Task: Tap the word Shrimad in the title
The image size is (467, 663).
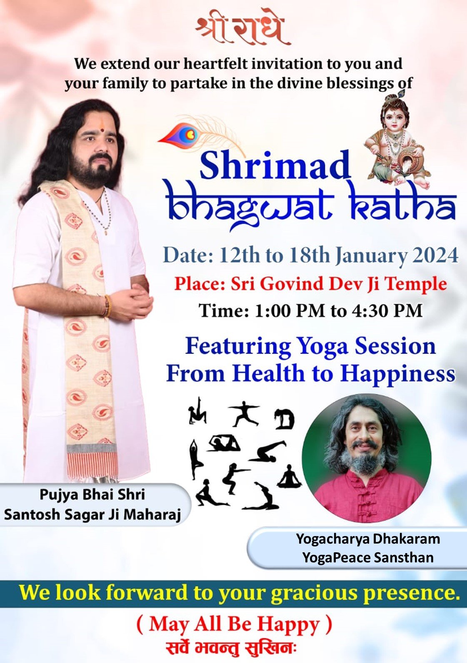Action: coord(275,164)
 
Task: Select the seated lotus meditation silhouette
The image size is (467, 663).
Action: coord(289,475)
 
